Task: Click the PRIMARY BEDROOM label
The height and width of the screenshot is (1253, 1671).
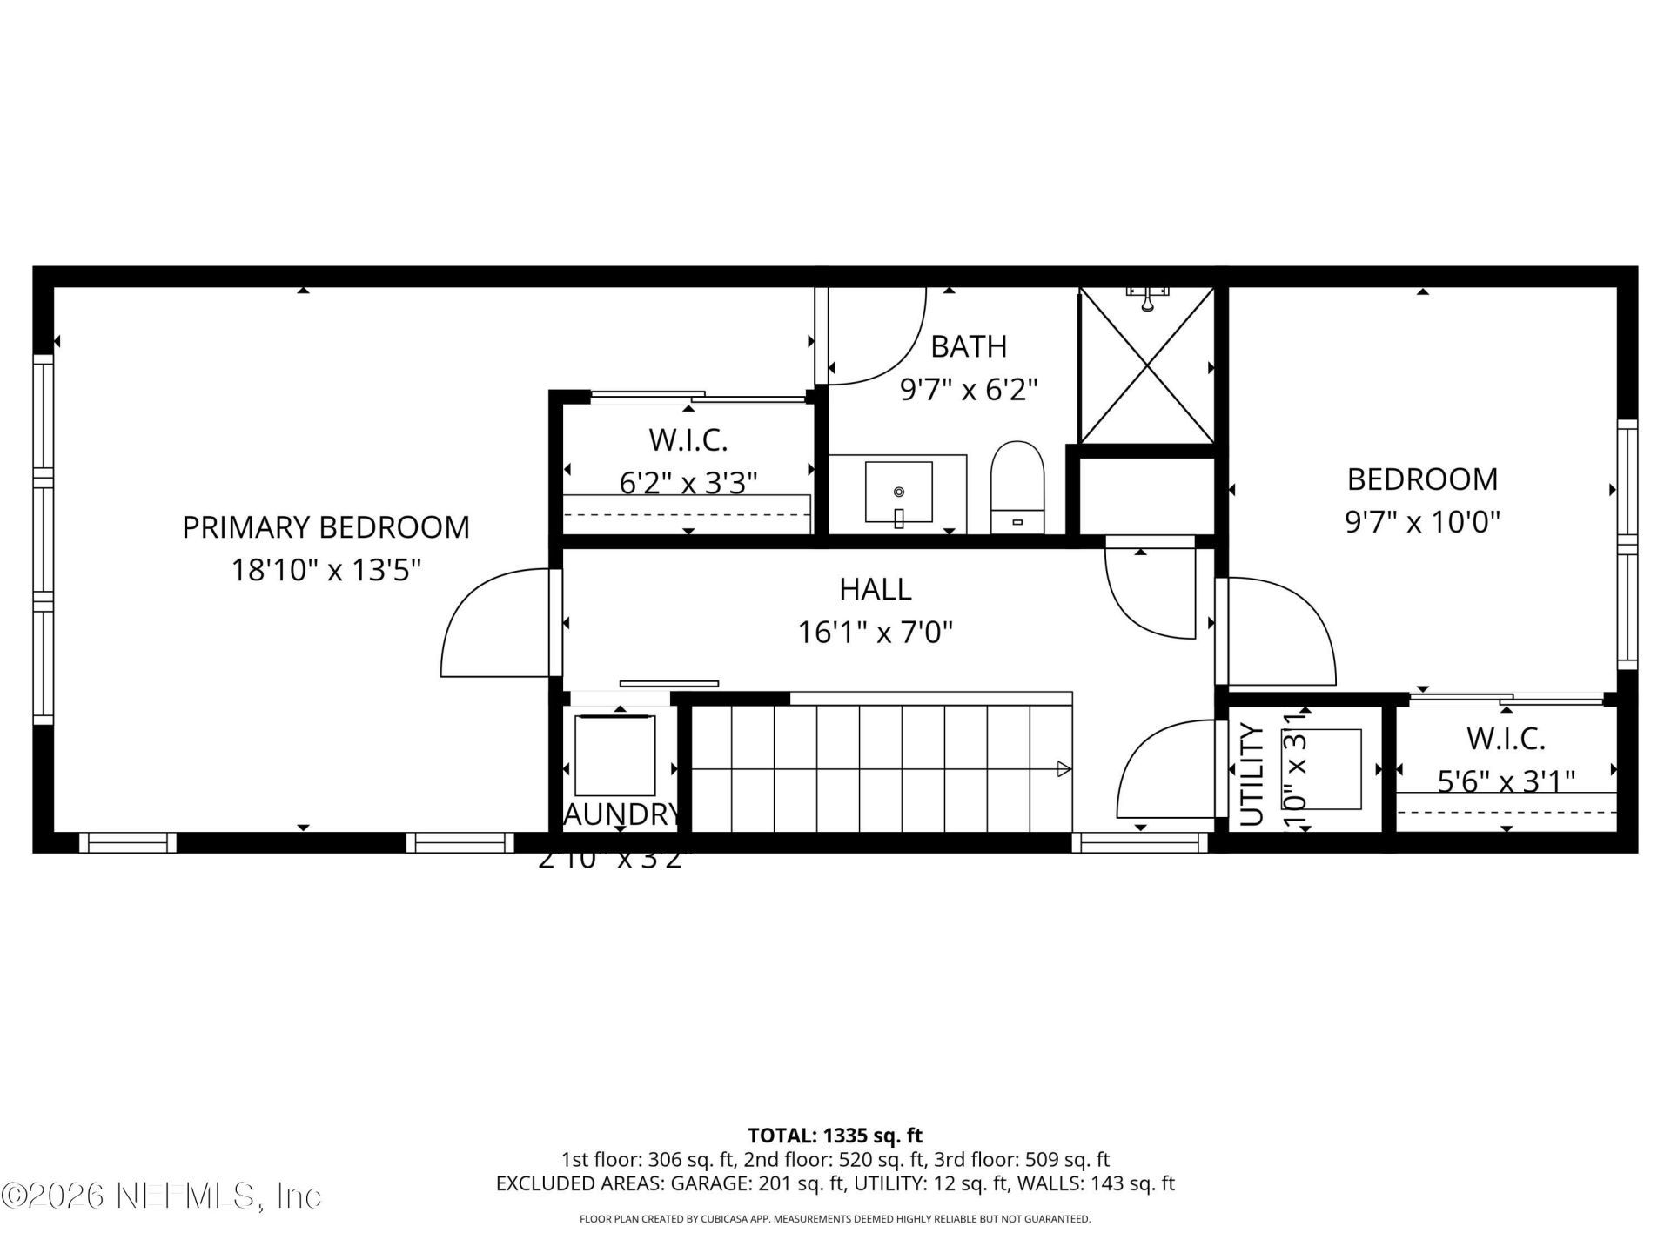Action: tap(325, 527)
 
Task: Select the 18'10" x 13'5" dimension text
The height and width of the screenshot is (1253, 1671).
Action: tap(325, 571)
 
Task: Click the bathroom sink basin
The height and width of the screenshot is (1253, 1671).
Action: tap(898, 492)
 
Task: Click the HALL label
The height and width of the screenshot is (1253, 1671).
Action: tap(875, 589)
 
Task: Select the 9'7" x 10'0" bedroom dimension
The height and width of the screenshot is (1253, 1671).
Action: tap(1422, 522)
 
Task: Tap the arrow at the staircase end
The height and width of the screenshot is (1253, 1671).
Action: tap(1063, 768)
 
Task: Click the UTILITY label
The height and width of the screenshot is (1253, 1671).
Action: tap(1251, 774)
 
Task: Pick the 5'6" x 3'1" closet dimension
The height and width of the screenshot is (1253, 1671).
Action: tap(1506, 781)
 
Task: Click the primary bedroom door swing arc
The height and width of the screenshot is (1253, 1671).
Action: tap(487, 622)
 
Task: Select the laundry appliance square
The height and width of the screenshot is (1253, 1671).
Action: tap(615, 754)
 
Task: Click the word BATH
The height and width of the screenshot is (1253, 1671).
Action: tap(968, 346)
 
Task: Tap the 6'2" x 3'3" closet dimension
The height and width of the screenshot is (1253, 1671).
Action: tap(688, 482)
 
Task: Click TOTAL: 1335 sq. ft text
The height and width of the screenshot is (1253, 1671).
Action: tap(835, 1136)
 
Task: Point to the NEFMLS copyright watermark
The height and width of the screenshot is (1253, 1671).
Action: tap(161, 1196)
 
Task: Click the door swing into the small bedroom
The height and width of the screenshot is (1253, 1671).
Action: tap(1288, 626)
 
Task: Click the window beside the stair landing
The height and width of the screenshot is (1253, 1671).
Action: tap(1140, 842)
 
